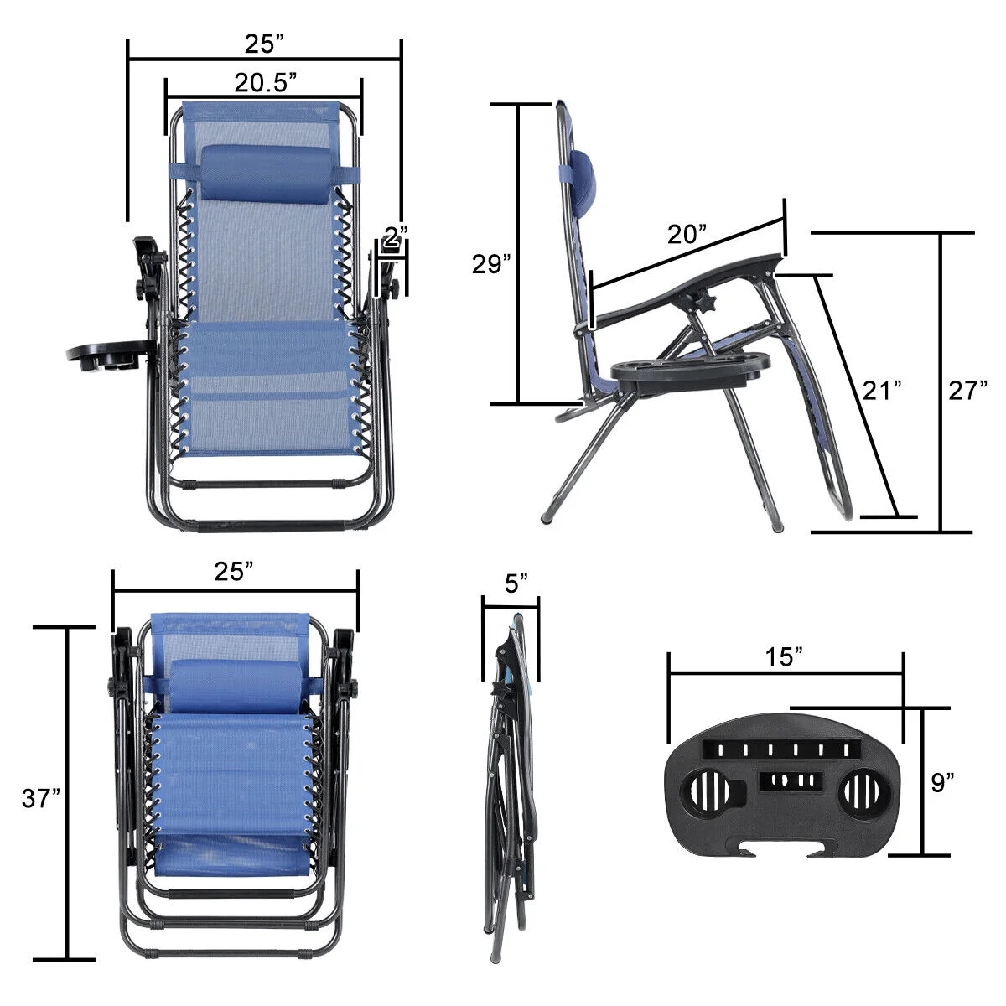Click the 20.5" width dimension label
tap(266, 82)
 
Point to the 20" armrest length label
tap(688, 235)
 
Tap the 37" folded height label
tap(41, 799)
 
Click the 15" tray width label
tap(784, 657)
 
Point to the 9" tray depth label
tap(942, 783)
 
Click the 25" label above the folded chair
tap(234, 572)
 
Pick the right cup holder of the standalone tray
tap(860, 790)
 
